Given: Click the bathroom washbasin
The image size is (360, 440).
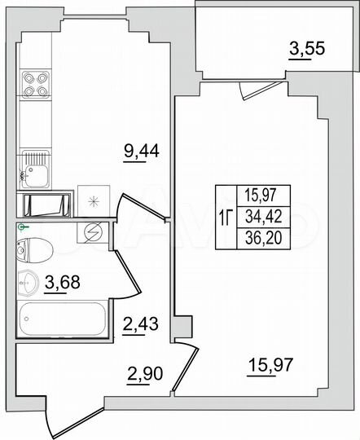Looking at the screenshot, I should tap(30, 282).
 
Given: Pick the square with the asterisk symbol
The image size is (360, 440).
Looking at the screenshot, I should tap(92, 202).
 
